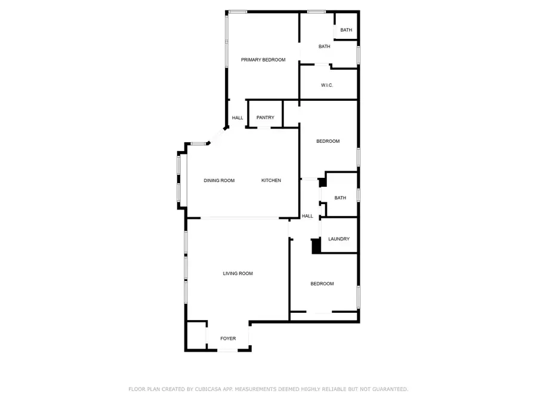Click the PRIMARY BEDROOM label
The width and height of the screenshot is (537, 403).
click(x=263, y=60)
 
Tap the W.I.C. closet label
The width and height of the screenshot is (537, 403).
click(x=326, y=85)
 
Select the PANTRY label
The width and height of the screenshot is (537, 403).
click(x=265, y=118)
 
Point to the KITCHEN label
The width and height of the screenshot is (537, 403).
click(x=271, y=180)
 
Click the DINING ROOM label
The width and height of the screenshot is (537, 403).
click(x=219, y=180)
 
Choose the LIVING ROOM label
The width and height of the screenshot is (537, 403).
click(x=237, y=273)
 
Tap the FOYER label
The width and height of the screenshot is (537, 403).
click(x=228, y=339)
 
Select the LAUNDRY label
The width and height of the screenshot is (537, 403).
click(x=339, y=239)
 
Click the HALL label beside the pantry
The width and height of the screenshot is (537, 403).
click(x=237, y=118)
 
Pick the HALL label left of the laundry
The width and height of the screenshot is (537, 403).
click(x=307, y=216)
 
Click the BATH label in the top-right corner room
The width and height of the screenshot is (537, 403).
click(x=346, y=30)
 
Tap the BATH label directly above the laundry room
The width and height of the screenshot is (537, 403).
click(x=340, y=198)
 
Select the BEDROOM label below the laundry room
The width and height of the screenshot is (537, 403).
click(x=322, y=284)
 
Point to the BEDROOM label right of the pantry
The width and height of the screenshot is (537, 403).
click(x=328, y=141)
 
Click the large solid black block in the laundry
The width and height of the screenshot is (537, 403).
click(x=316, y=245)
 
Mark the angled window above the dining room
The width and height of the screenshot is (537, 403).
click(x=199, y=143)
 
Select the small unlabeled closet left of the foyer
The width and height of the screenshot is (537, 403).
click(x=196, y=336)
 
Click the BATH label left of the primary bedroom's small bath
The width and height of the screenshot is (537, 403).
click(x=324, y=47)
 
